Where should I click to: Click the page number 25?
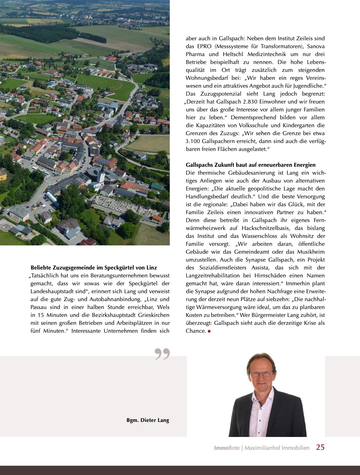click(320, 447)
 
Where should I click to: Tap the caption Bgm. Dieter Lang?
click(148, 420)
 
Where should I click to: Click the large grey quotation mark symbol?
click(162, 354)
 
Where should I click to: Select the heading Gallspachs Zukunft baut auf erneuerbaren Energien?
click(250, 165)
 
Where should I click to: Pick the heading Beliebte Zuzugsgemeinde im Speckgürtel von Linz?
click(94, 268)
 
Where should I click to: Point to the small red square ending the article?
click(209, 331)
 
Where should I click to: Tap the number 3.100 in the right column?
click(193, 141)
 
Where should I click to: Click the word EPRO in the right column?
click(204, 46)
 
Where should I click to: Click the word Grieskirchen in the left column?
click(154, 315)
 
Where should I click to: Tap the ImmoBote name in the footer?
click(227, 448)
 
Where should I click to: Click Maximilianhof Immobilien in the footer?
click(277, 448)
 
